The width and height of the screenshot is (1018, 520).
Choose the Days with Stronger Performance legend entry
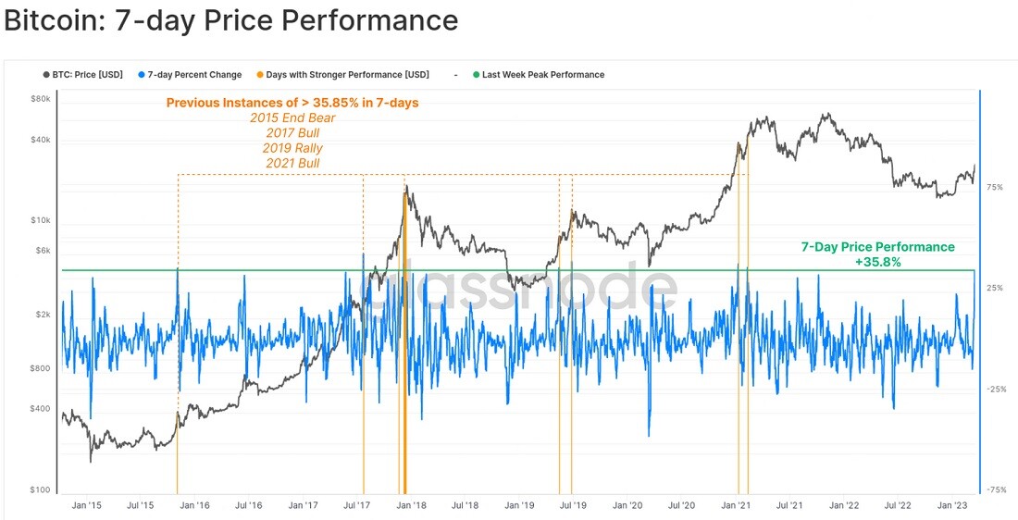pos(342,75)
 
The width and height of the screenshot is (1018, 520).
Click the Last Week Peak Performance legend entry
pos(539,75)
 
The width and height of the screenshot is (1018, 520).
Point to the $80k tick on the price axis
pos(40,99)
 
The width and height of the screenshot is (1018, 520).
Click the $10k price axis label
pos(40,221)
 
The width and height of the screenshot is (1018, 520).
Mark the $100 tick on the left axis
pos(40,489)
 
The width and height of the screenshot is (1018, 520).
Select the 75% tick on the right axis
pos(995,187)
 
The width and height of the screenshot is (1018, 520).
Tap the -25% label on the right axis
pos(995,389)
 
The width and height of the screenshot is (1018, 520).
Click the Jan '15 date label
pos(85,505)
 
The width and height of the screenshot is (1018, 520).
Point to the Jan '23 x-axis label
pos(953,505)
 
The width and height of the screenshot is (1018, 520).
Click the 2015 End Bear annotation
pos(292,118)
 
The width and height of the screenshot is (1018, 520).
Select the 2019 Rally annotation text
pos(292,148)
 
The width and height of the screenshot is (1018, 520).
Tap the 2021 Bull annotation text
pos(292,163)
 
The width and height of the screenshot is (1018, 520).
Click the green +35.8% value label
pos(877,262)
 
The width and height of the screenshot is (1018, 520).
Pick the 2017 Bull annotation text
pos(292,133)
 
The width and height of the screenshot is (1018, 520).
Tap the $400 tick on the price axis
pos(40,409)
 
